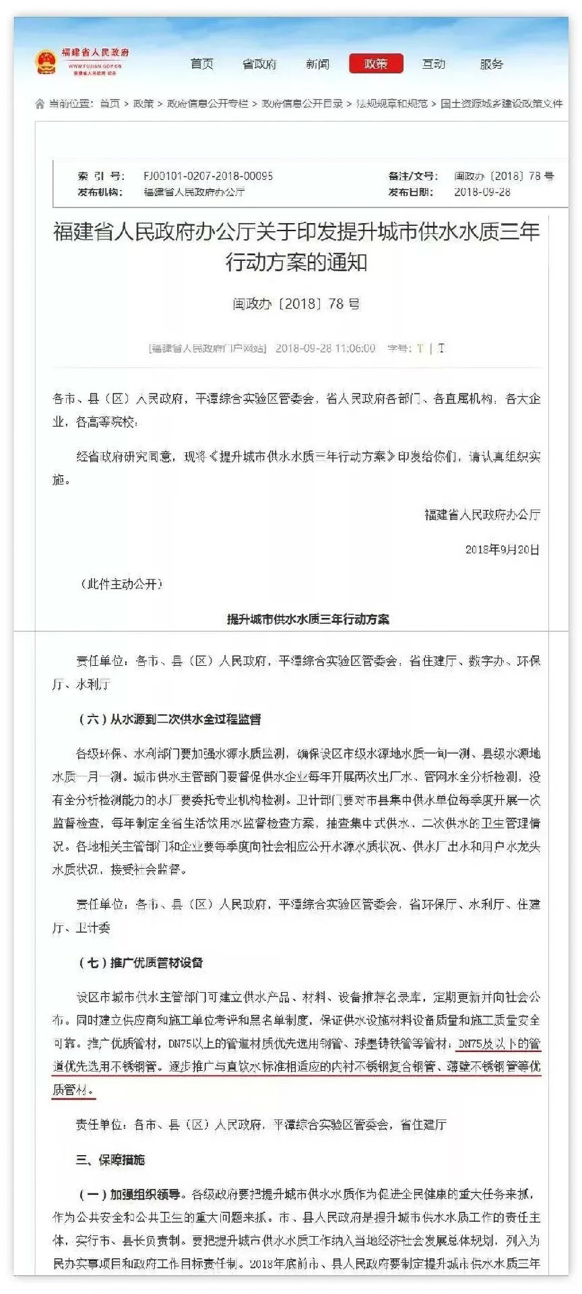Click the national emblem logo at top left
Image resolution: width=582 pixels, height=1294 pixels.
click(45, 62)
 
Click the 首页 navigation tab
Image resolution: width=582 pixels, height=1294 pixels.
click(201, 64)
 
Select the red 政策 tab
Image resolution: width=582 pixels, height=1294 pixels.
click(375, 64)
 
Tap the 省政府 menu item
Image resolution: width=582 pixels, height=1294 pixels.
click(259, 64)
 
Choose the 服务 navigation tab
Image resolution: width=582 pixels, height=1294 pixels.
click(491, 64)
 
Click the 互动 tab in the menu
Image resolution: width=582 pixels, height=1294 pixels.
click(433, 64)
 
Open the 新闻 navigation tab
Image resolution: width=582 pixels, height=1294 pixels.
click(317, 64)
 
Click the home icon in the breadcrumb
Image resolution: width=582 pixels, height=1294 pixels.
click(40, 104)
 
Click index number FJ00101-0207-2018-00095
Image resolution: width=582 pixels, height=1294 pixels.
click(207, 176)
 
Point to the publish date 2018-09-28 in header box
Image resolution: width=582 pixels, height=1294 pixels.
click(482, 192)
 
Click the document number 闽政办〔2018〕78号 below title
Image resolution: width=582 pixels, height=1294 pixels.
click(296, 304)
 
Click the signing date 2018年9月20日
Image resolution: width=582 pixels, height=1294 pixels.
click(502, 549)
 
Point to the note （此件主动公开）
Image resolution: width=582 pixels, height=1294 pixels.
click(121, 584)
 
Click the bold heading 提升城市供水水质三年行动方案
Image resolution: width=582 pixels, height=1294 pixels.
click(308, 619)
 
